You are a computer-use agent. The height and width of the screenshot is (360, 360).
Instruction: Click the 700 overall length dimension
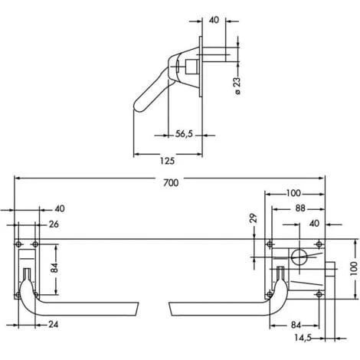171,183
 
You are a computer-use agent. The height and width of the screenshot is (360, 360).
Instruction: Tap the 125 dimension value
167,161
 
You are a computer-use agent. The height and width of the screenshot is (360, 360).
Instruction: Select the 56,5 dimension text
184,134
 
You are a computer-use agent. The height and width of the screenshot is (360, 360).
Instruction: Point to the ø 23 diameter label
237,86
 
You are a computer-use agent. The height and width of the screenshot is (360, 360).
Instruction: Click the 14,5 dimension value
303,338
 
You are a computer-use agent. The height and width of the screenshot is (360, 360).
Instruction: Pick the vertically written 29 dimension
254,218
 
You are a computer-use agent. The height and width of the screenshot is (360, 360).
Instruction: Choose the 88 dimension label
300,208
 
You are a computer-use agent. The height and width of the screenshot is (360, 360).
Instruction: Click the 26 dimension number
54,224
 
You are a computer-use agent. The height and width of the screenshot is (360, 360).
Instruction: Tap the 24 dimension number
53,324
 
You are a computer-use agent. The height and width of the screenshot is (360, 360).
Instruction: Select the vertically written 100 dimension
354,268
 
